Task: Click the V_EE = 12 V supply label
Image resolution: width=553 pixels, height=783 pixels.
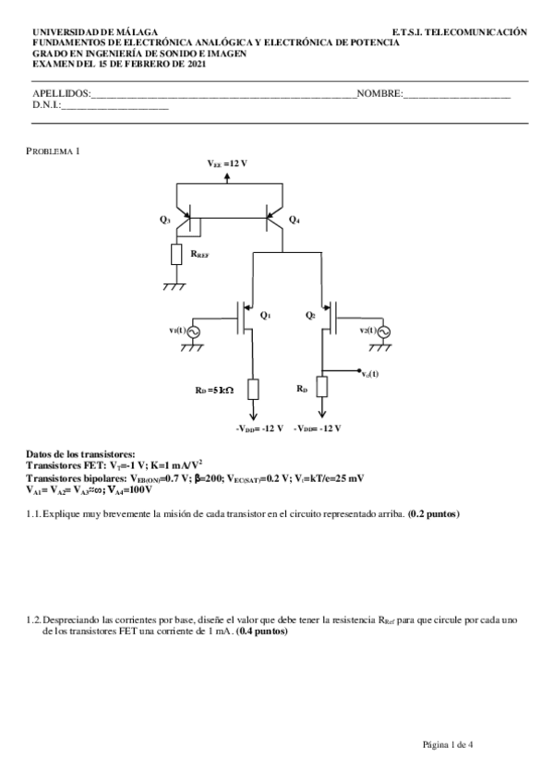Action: pyautogui.click(x=227, y=163)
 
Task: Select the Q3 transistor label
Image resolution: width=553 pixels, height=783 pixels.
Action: pyautogui.click(x=164, y=220)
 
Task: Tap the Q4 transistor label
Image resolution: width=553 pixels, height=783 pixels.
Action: pyautogui.click(x=294, y=220)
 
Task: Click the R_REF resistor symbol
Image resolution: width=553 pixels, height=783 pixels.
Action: pyautogui.click(x=176, y=255)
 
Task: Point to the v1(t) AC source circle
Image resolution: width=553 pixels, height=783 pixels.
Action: pyautogui.click(x=194, y=331)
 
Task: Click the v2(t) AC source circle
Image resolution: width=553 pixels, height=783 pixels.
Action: pyautogui.click(x=383, y=331)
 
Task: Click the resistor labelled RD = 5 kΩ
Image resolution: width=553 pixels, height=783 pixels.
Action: pyautogui.click(x=253, y=389)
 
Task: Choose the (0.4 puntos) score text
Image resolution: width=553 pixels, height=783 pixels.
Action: pyautogui.click(x=262, y=632)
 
